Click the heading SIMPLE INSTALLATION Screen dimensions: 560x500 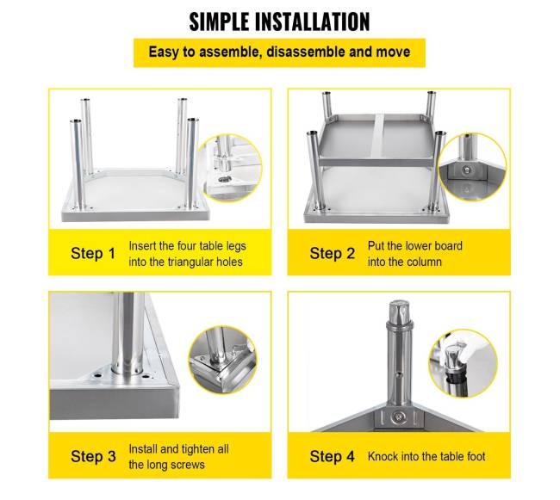pyautogui.click(x=279, y=22)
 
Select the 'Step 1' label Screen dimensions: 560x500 pyautogui.click(x=93, y=254)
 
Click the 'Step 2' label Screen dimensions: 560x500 pyautogui.click(x=333, y=254)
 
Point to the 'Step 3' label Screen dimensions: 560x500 pyautogui.click(x=93, y=456)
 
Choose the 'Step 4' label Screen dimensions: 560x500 pyautogui.click(x=333, y=456)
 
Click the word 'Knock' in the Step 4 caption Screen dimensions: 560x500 pyautogui.click(x=383, y=456)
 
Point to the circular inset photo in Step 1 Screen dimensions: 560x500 pyautogui.click(x=229, y=168)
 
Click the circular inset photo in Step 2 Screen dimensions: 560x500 pyautogui.click(x=472, y=167)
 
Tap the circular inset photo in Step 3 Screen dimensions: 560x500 pyautogui.click(x=222, y=361)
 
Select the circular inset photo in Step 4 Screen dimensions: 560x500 pyautogui.click(x=464, y=363)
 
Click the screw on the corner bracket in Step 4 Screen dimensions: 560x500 pyautogui.click(x=398, y=417)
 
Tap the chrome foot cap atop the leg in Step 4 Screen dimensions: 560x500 pyautogui.click(x=399, y=312)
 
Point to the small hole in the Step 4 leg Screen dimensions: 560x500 pyautogui.click(x=399, y=375)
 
